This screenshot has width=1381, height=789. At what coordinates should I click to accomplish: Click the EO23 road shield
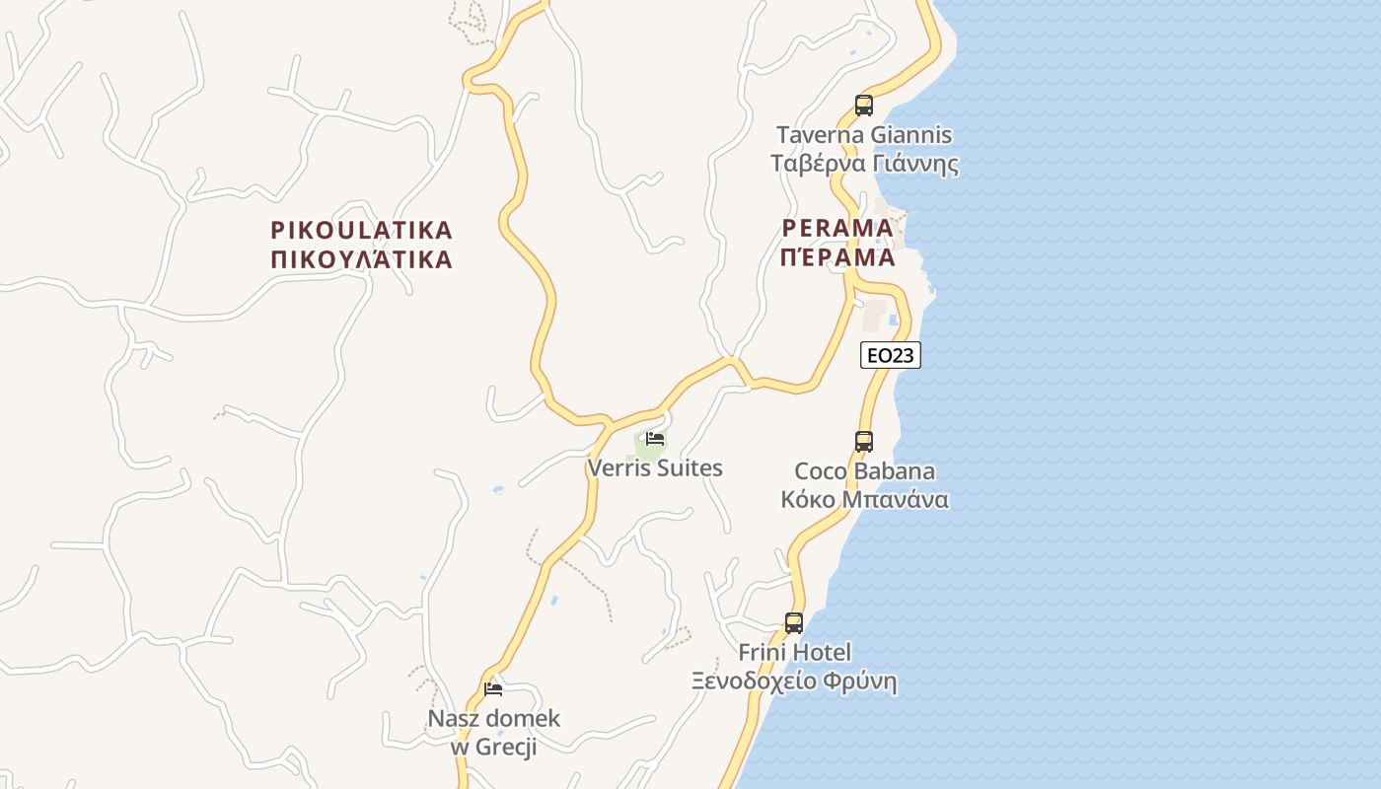coord(890,355)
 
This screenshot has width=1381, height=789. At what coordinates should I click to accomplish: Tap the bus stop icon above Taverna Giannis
coord(864,105)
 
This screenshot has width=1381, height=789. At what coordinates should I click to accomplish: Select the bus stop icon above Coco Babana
coord(864,441)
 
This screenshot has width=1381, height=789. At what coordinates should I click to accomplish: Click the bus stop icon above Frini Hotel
coord(794,622)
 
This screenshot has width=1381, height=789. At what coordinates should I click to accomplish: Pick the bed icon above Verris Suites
coord(655,439)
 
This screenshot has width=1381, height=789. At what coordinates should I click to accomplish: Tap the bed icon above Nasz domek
coord(493,688)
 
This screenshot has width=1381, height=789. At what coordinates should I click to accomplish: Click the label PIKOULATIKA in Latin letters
coord(361,231)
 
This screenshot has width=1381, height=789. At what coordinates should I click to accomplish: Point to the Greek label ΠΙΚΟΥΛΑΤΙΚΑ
coord(361,260)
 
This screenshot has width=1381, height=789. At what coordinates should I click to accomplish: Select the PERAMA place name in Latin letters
coord(837,228)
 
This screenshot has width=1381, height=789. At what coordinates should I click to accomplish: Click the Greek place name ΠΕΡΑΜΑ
coord(837,258)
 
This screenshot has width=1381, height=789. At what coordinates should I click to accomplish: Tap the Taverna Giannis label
coord(864,134)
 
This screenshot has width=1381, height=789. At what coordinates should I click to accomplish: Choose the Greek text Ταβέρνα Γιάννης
coord(864,163)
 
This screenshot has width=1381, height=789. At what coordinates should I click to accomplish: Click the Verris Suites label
coord(655,467)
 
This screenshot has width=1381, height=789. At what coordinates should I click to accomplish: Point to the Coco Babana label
coord(864,470)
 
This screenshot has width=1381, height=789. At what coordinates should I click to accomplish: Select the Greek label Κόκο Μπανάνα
coord(864,499)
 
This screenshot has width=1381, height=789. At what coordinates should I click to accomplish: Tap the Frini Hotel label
coord(794,652)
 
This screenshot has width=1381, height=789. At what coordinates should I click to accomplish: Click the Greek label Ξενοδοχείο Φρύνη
coord(794,681)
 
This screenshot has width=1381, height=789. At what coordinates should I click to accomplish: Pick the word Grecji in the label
coord(506,747)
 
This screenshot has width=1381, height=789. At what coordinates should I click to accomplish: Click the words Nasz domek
coord(493,718)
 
